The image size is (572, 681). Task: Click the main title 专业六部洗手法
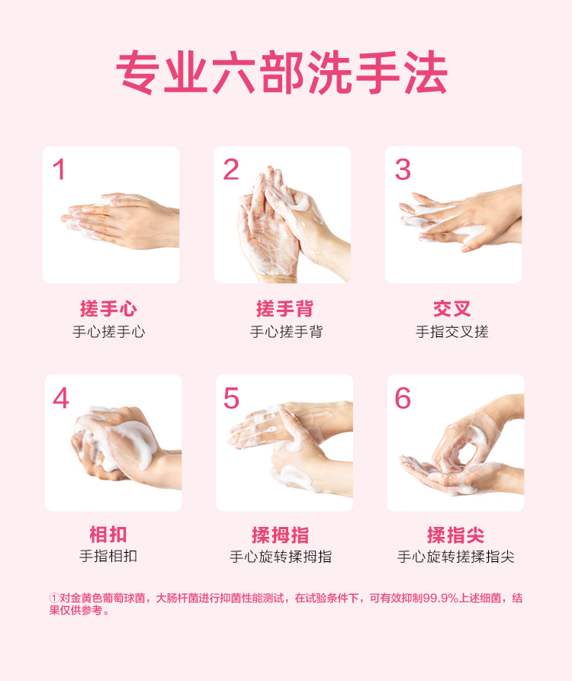(x=282, y=72)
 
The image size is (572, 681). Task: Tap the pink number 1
(x=59, y=169)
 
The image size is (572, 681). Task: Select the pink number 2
(x=231, y=169)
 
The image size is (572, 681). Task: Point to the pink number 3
(x=403, y=169)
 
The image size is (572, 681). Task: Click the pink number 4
(x=61, y=398)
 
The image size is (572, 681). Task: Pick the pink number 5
(x=231, y=398)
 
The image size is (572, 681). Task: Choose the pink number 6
(x=403, y=398)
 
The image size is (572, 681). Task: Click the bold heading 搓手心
(x=108, y=309)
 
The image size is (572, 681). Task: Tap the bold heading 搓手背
(x=284, y=309)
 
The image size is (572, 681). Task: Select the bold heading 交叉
(x=452, y=309)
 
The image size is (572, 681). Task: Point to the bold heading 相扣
(x=108, y=535)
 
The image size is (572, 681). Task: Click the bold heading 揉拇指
(x=281, y=535)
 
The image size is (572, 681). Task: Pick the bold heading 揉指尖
(x=455, y=535)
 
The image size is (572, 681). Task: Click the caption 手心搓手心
(x=108, y=332)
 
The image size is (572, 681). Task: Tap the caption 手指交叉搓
(x=452, y=332)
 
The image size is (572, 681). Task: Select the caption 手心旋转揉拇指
(x=281, y=557)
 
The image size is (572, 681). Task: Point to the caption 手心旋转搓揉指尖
(x=455, y=557)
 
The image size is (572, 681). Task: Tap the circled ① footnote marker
(x=54, y=598)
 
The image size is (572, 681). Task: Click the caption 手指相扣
(x=108, y=557)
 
